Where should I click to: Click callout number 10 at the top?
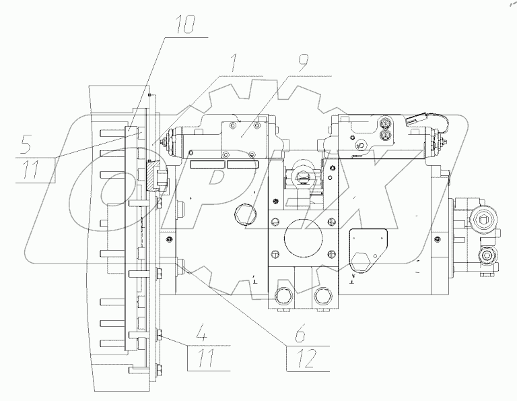pos(185,24)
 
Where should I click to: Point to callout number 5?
pos(26,144)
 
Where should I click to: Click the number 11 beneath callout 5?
pos(32,169)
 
